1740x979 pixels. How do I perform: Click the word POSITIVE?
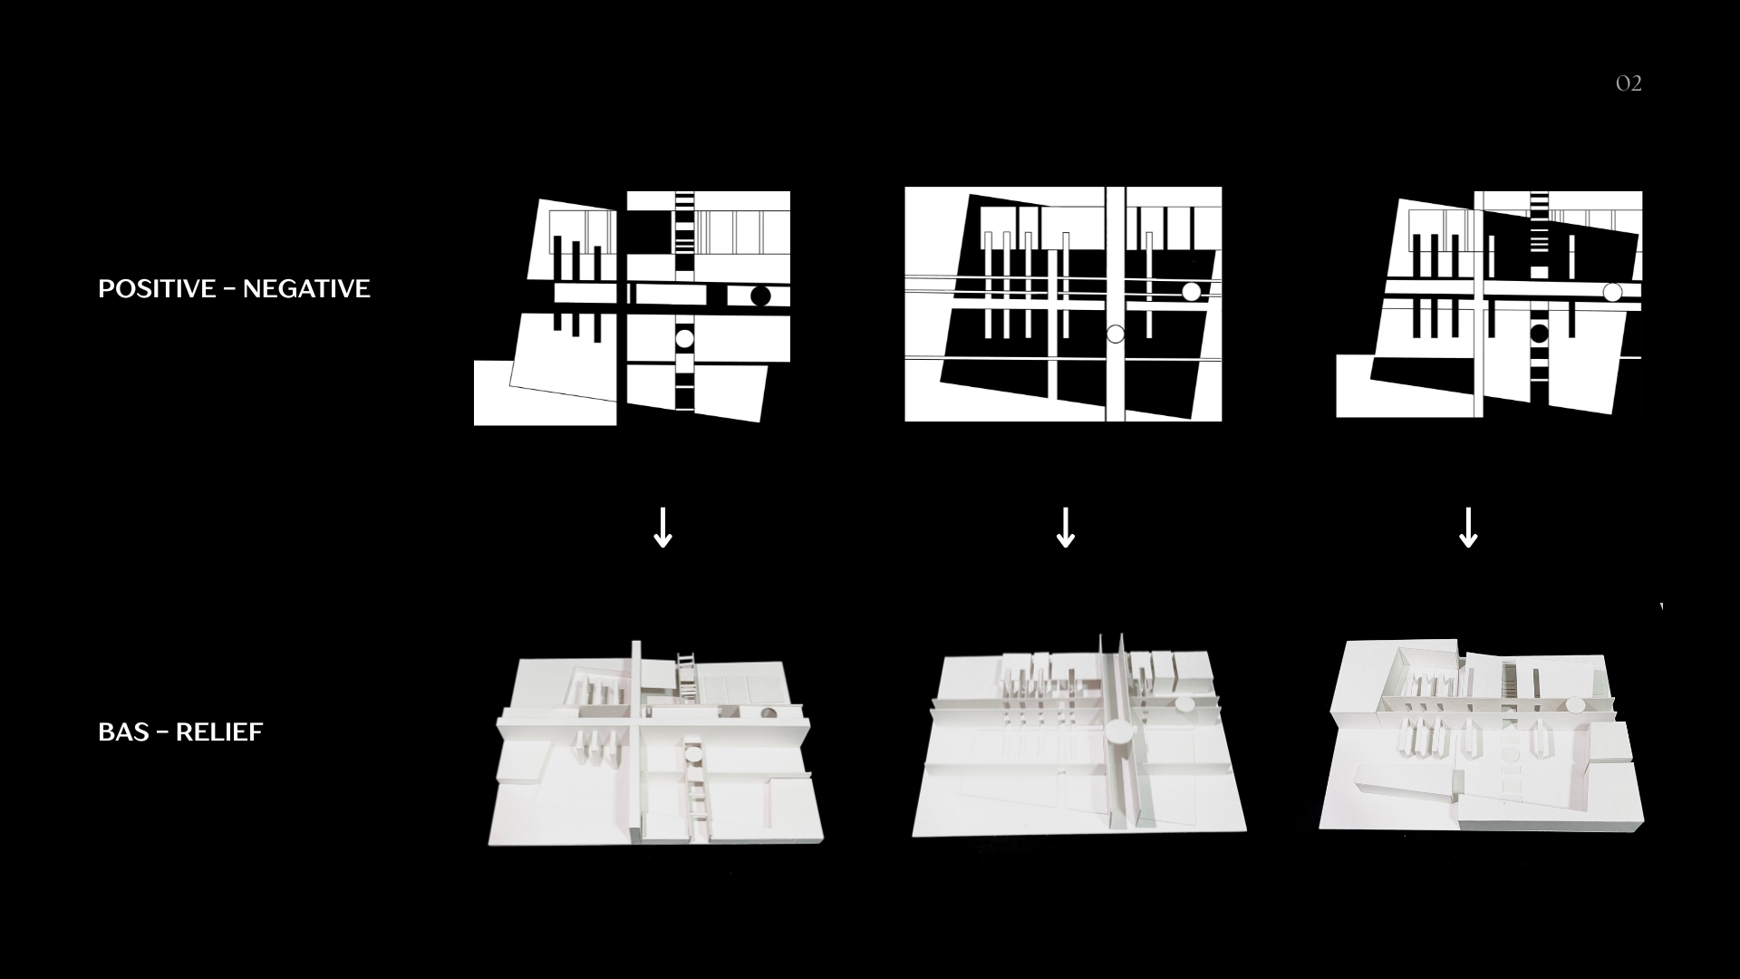pyautogui.click(x=157, y=289)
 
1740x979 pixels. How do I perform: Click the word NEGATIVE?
pyautogui.click(x=306, y=289)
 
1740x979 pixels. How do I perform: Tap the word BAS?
pyautogui.click(x=123, y=732)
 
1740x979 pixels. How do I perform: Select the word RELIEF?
pyautogui.click(x=219, y=732)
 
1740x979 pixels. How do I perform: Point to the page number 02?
pyautogui.click(x=1629, y=83)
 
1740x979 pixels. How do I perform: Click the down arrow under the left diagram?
pyautogui.click(x=662, y=528)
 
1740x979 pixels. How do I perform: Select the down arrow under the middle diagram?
pyautogui.click(x=1066, y=528)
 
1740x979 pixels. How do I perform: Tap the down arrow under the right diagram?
pyautogui.click(x=1468, y=528)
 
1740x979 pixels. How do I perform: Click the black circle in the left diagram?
pyautogui.click(x=760, y=296)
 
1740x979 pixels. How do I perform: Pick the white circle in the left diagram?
pyautogui.click(x=684, y=338)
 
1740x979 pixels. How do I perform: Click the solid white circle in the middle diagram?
pyautogui.click(x=1191, y=292)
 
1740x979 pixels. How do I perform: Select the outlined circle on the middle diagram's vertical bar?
pyautogui.click(x=1116, y=334)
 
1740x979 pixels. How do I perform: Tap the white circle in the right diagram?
pyautogui.click(x=1612, y=292)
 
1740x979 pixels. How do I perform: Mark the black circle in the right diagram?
pyautogui.click(x=1539, y=334)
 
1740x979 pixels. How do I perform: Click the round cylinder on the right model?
pyautogui.click(x=1575, y=705)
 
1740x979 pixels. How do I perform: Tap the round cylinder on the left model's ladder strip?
pyautogui.click(x=693, y=751)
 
